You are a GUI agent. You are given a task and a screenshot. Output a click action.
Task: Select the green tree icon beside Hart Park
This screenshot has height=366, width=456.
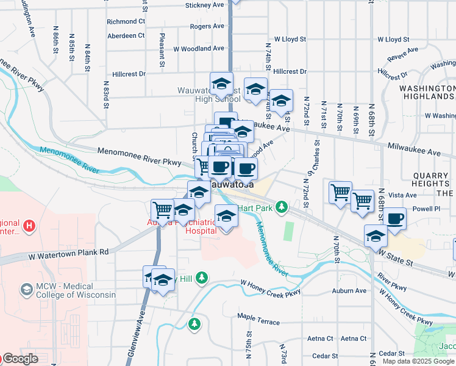[x=281, y=207]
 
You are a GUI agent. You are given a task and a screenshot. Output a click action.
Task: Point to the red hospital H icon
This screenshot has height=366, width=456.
[x=27, y=228]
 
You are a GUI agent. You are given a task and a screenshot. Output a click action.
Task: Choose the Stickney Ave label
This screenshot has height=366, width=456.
[x=204, y=5]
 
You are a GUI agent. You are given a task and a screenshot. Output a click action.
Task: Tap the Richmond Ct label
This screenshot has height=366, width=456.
[x=126, y=21]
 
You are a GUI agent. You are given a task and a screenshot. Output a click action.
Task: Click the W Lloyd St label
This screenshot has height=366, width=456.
[x=290, y=39]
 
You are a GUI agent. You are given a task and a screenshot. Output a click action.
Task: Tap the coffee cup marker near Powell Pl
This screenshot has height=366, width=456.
[x=394, y=219]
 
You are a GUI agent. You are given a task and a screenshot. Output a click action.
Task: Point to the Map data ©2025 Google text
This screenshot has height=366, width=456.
[x=419, y=361]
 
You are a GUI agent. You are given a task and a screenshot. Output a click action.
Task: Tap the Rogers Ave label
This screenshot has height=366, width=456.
[x=207, y=27]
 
